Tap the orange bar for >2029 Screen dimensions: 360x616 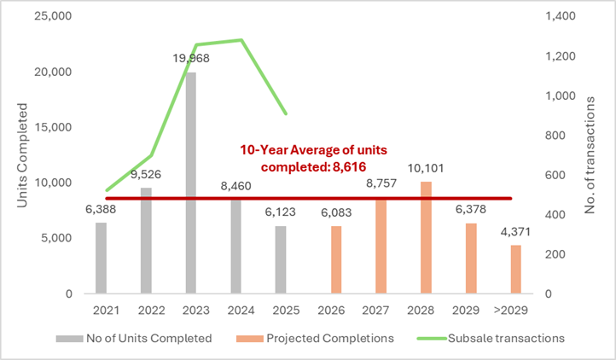click(x=515, y=269)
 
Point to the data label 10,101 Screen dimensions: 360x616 click(x=425, y=168)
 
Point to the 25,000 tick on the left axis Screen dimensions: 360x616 click(x=52, y=17)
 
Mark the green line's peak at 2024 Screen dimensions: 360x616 click(x=241, y=40)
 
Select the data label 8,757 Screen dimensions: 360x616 click(x=380, y=183)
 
